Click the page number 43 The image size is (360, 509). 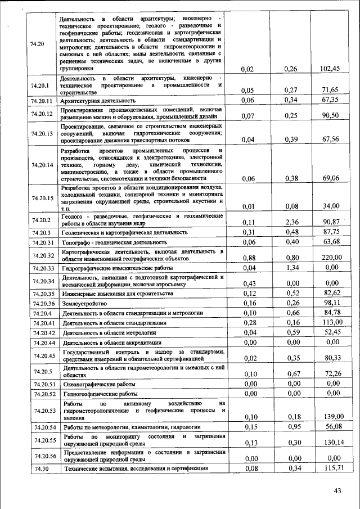[x=337, y=491]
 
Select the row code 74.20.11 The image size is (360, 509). [x=42, y=100]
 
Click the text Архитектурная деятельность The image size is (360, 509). [x=99, y=100]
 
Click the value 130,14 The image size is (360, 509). [x=330, y=443]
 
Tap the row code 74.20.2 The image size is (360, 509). [x=42, y=219]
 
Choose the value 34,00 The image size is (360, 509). [x=330, y=206]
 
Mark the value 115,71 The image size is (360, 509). [x=330, y=468]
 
